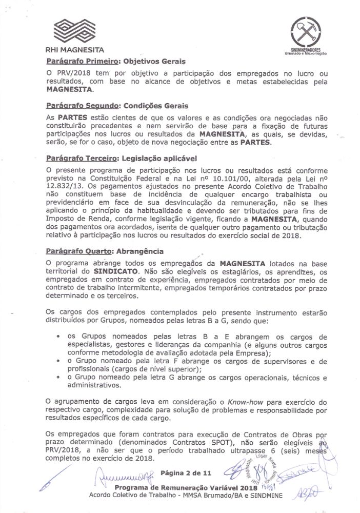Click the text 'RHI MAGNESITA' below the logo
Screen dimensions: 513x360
click(75, 50)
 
